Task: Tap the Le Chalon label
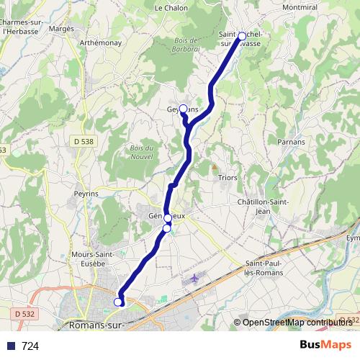coord(171,8)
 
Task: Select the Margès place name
coord(63,28)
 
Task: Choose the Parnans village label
coord(291,142)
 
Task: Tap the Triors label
coord(228,177)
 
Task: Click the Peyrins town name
coord(86,194)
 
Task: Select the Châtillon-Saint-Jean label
coord(264,207)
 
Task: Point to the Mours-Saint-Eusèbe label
coord(89,258)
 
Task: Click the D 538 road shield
coord(84,142)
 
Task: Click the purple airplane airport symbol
coord(194,278)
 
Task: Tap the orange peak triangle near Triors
coord(213,166)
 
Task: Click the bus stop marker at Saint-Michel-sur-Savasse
coord(242,35)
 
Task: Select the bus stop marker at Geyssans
coord(183,109)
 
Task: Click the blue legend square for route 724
coord(11,346)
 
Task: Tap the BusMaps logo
coord(325,345)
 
